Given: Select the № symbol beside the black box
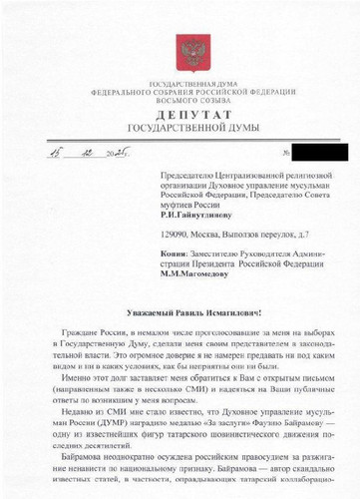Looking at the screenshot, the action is click(x=287, y=153).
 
